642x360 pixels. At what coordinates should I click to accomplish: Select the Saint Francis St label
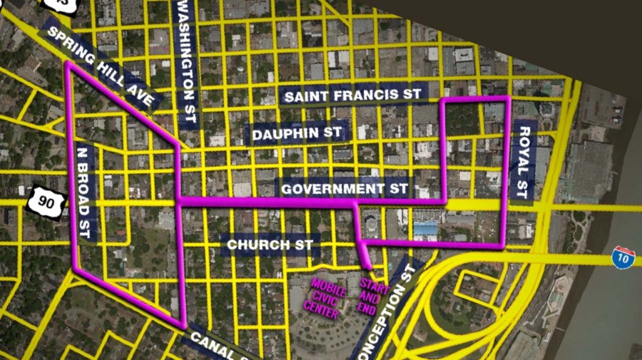[x=352, y=95]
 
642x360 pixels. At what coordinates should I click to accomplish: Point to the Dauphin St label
[x=296, y=133]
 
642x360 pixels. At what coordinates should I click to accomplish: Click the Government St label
[x=344, y=189]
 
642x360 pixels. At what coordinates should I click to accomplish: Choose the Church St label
[x=270, y=245]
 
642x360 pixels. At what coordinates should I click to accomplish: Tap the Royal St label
[x=523, y=162]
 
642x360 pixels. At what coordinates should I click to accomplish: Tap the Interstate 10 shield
[x=623, y=258]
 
